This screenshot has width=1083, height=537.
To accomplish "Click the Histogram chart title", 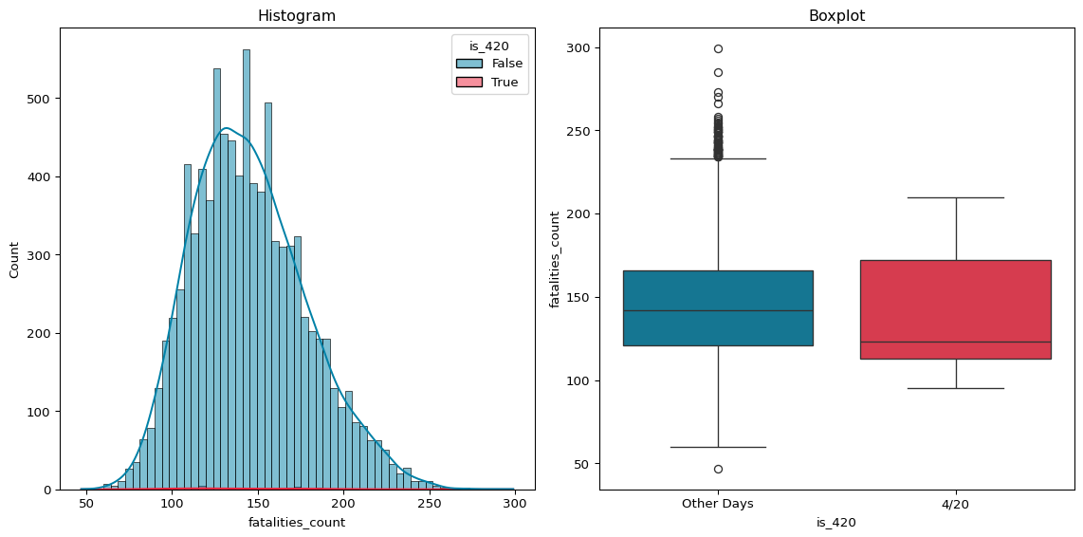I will [x=297, y=16].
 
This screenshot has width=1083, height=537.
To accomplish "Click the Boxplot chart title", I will [x=836, y=16].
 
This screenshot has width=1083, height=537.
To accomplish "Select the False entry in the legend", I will [x=506, y=64].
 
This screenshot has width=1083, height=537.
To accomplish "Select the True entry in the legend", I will [x=505, y=83].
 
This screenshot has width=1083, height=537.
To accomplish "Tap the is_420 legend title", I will [x=489, y=46].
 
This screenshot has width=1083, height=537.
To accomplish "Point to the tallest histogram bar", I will [x=247, y=270].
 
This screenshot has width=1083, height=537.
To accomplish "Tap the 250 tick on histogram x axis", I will [x=429, y=502].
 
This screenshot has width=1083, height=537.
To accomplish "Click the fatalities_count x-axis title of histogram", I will [x=297, y=522].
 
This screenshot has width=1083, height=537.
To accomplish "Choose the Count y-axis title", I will [x=14, y=259].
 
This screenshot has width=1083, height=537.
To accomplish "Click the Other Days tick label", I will [x=718, y=504].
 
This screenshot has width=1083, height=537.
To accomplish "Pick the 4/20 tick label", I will [x=956, y=504].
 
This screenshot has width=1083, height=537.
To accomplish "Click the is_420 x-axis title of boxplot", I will [x=836, y=522].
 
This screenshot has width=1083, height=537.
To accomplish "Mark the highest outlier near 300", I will [x=718, y=48].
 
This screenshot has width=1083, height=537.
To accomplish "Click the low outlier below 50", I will [x=718, y=469].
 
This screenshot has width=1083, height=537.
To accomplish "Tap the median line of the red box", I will [x=956, y=342].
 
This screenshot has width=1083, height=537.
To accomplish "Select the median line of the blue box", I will [x=718, y=310].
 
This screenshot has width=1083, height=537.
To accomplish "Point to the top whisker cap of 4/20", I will [x=956, y=197].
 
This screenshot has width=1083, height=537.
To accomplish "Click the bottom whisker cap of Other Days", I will [x=718, y=447].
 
